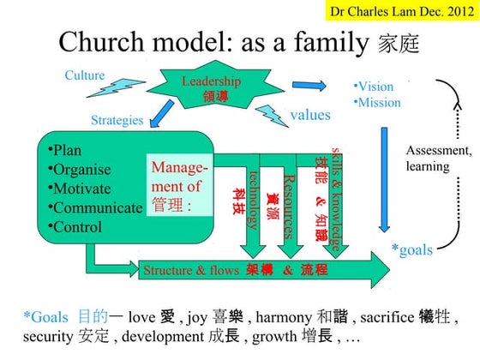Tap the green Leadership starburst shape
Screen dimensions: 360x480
point(211,87)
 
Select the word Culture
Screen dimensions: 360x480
point(85,75)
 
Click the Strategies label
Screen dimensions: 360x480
point(117,120)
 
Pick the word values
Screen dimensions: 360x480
point(310,115)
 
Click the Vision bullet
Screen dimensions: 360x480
point(374,87)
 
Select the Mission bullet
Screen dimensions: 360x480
point(377,102)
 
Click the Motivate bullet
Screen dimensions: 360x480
point(84,189)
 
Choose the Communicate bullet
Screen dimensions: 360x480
point(95,208)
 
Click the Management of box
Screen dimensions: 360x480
point(177,185)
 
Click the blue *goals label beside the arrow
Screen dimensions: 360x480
point(411,249)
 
